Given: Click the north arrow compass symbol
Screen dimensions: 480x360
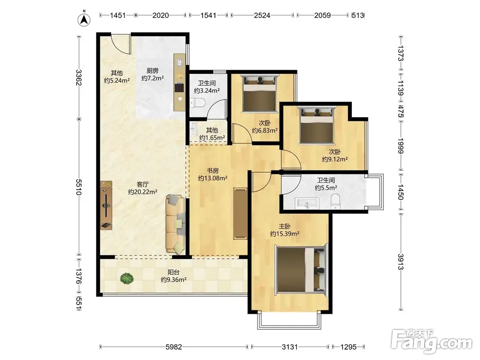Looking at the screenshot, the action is [x=84, y=19].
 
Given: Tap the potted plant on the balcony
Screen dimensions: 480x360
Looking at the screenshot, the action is [x=127, y=278].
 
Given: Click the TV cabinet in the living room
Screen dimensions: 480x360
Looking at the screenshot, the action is [x=106, y=205].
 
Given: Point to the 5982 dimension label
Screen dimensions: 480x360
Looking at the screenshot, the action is [x=174, y=347].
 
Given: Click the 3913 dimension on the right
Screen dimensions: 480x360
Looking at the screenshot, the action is [x=401, y=262].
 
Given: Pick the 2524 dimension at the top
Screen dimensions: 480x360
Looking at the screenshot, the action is [x=262, y=15].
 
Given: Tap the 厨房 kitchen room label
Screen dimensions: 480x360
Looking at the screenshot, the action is [x=153, y=71].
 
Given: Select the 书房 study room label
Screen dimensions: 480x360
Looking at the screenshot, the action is [x=212, y=171].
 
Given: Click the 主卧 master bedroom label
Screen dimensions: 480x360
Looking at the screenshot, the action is [x=285, y=226].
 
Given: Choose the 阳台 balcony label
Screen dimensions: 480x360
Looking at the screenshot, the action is [x=174, y=272].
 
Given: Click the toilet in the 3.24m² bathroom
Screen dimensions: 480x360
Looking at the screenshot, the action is [x=197, y=103].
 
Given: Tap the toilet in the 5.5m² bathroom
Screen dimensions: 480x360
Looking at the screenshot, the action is [x=336, y=202].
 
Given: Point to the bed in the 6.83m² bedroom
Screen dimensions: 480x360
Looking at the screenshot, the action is [x=259, y=93].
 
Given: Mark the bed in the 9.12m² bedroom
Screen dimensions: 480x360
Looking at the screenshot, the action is [x=317, y=125].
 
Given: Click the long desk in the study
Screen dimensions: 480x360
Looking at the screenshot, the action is [x=240, y=213].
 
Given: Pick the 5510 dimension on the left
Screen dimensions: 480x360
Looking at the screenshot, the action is [x=79, y=187].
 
